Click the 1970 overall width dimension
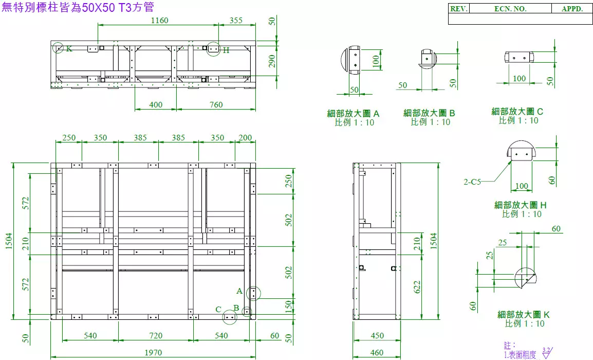click(x=153, y=352)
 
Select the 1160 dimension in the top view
click(x=160, y=20)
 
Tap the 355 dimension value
click(x=236, y=20)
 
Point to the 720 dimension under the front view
click(x=155, y=335)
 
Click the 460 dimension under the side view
click(x=377, y=352)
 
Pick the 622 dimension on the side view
click(x=417, y=287)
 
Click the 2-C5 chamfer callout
click(x=472, y=182)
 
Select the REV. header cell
click(x=459, y=9)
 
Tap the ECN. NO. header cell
click(x=510, y=9)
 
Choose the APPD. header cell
click(x=572, y=9)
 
